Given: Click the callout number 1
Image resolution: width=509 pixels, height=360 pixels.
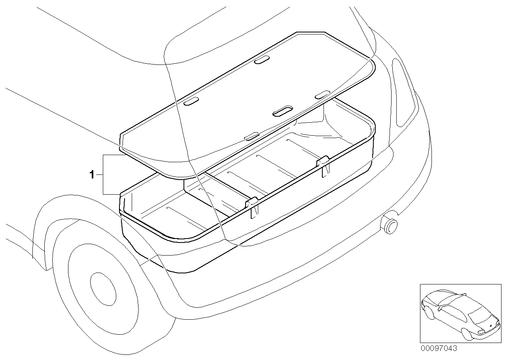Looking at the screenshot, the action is [x=92, y=174].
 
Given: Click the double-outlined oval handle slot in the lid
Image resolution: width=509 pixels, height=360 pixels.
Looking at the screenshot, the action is [x=283, y=111].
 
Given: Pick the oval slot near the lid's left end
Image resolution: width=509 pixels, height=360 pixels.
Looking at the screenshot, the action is [x=192, y=102].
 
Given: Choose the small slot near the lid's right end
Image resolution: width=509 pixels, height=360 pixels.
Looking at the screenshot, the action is [x=322, y=94].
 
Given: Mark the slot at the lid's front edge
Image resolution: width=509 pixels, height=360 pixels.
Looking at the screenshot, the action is [x=252, y=136].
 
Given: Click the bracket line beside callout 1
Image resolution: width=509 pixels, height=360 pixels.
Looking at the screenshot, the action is [x=104, y=174].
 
